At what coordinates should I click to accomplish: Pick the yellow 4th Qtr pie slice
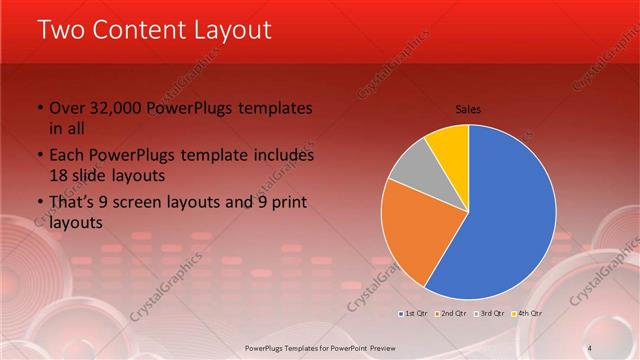click(x=448, y=147)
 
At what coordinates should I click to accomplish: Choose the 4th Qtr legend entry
click(x=528, y=313)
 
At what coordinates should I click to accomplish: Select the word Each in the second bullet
click(x=66, y=156)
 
